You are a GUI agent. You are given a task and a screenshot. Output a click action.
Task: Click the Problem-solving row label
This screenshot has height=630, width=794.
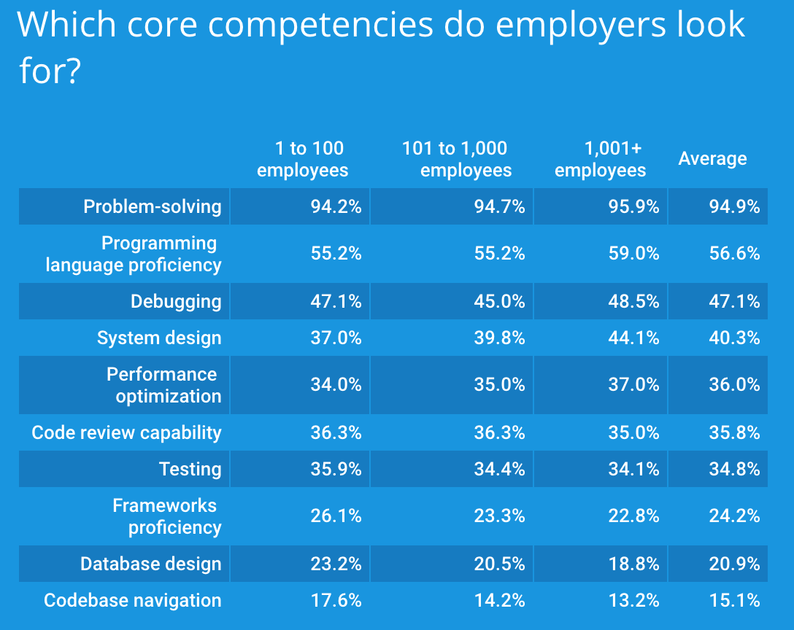click(x=152, y=206)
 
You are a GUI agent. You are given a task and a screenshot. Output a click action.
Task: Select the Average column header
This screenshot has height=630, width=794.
click(x=712, y=159)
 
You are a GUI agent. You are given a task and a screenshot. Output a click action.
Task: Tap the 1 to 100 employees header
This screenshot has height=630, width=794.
click(x=302, y=159)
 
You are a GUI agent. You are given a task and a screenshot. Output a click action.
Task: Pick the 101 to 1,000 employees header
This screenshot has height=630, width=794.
click(x=456, y=159)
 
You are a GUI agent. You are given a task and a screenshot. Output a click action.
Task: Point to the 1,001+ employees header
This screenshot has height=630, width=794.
click(x=601, y=159)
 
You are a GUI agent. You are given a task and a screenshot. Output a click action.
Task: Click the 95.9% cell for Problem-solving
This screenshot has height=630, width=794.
click(x=633, y=206)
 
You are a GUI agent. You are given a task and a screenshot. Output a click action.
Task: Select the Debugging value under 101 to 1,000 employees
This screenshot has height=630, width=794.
click(x=499, y=301)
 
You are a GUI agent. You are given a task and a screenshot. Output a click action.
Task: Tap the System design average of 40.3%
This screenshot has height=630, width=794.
click(x=734, y=338)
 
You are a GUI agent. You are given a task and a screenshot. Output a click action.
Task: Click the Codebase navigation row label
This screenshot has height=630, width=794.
click(x=132, y=600)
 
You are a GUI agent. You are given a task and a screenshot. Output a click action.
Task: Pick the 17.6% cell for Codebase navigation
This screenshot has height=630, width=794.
click(x=336, y=600)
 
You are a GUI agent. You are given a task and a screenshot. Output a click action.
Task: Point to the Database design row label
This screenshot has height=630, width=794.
click(x=150, y=564)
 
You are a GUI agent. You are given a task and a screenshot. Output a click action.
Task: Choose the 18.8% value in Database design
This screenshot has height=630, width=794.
click(x=633, y=564)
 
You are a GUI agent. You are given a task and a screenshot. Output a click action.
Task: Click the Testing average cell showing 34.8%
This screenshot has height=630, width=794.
click(x=734, y=469)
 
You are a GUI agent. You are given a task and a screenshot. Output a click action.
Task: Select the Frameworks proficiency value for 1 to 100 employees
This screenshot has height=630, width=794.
click(x=336, y=516)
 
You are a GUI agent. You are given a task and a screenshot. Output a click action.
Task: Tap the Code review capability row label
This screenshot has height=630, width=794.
click(x=126, y=432)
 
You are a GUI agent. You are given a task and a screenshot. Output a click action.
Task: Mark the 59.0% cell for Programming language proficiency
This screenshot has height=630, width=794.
click(x=633, y=253)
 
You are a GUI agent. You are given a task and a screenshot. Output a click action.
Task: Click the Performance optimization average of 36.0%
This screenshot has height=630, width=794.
click(x=734, y=384)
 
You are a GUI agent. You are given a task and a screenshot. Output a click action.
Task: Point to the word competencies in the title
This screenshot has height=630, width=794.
click(x=322, y=25)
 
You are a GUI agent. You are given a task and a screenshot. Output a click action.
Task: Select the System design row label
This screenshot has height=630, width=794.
click(x=159, y=338)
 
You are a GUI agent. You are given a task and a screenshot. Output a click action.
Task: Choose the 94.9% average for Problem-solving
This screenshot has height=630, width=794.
click(x=734, y=206)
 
